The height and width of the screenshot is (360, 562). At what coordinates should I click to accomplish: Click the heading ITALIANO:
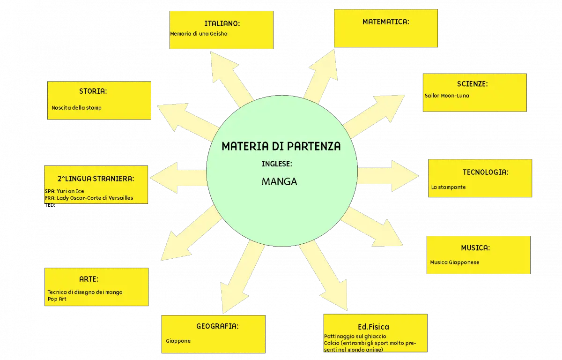coord(222,23)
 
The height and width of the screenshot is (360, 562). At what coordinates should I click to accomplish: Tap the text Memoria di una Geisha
coord(199,34)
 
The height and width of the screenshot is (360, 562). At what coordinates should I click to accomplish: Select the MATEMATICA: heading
coord(386,22)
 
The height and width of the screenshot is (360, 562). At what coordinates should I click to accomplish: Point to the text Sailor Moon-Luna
coord(447,96)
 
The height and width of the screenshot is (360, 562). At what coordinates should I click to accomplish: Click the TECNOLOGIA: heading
coord(486,172)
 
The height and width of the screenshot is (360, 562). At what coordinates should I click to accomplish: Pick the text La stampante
coord(448,187)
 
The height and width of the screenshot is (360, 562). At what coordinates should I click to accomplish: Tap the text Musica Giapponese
coord(455,262)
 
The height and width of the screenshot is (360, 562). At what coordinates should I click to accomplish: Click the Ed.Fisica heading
coord(373,327)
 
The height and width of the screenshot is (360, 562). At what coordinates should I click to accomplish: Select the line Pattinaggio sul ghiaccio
coord(355,337)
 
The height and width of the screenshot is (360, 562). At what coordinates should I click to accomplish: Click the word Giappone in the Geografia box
coord(178,341)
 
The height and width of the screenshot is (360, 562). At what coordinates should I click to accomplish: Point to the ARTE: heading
coord(89,279)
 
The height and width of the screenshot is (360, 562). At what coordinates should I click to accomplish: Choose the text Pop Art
coord(57,299)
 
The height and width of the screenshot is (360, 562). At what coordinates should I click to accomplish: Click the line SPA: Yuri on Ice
coord(65,191)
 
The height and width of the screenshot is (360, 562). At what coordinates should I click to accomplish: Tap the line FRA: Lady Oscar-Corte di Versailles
coord(89,198)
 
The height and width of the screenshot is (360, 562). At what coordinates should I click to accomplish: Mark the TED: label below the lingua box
coord(50,205)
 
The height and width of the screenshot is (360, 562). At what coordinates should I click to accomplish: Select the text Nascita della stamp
coord(76,108)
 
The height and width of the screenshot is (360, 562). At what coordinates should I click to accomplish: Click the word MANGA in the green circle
coord(279,181)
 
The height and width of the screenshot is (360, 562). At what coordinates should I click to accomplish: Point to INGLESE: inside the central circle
coord(277,164)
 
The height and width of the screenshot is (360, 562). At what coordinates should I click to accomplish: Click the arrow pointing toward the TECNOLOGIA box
coord(388,176)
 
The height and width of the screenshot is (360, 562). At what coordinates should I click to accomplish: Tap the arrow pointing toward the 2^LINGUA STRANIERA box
coord(178,178)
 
